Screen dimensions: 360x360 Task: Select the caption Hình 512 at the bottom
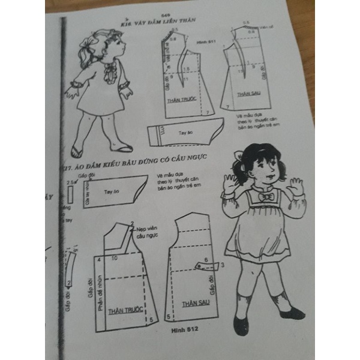point(184,329)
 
